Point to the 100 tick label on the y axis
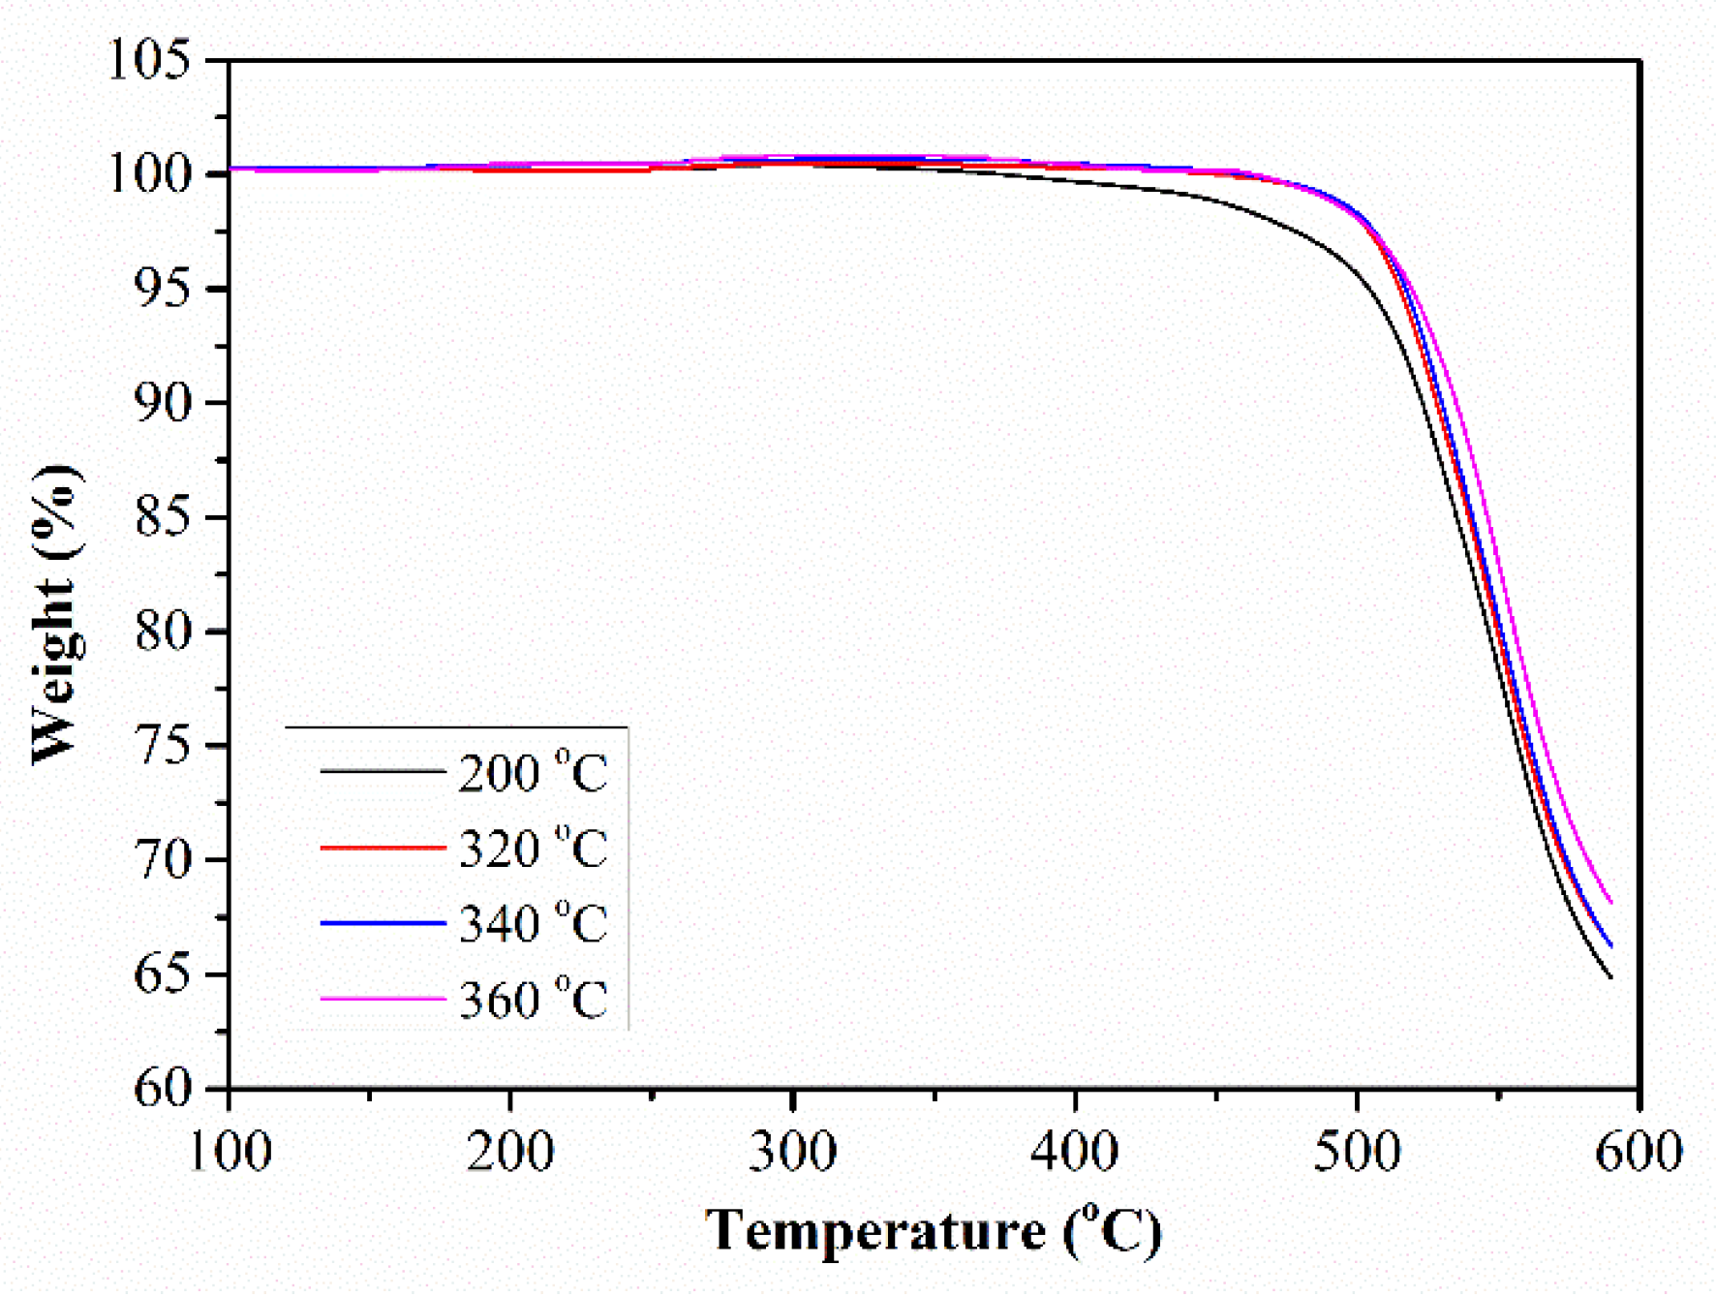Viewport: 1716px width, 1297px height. pyautogui.click(x=148, y=174)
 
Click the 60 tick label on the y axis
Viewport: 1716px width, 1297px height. pyautogui.click(x=162, y=1088)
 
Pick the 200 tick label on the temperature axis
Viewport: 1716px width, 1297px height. pyautogui.click(x=509, y=1153)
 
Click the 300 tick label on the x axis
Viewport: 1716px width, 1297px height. pyautogui.click(x=792, y=1153)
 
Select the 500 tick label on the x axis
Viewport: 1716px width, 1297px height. pyautogui.click(x=1357, y=1153)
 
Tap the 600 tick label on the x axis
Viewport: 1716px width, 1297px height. pyautogui.click(x=1639, y=1153)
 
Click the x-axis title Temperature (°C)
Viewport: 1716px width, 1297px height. pyautogui.click(x=933, y=1232)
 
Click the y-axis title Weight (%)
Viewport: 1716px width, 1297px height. pyautogui.click(x=55, y=615)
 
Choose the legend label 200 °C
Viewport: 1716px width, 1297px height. pyautogui.click(x=533, y=773)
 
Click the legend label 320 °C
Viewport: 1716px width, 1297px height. pyautogui.click(x=533, y=849)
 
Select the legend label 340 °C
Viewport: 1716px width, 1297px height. pyautogui.click(x=533, y=923)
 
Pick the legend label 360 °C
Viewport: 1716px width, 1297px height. pyautogui.click(x=533, y=999)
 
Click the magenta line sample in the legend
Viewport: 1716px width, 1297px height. pyautogui.click(x=383, y=999)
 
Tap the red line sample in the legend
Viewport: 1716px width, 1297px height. pyautogui.click(x=383, y=849)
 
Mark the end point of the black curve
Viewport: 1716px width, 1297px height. pyautogui.click(x=1610, y=977)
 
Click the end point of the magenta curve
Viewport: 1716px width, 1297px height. pyautogui.click(x=1610, y=903)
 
